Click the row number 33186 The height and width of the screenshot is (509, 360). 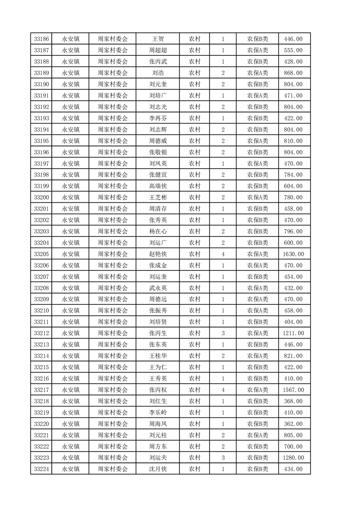click(41, 39)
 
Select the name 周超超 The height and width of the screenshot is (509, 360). click(158, 50)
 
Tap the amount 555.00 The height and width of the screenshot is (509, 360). click(293, 50)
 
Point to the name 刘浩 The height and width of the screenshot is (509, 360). click(158, 73)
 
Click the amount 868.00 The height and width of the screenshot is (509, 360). click(293, 73)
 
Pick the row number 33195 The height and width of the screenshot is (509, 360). click(41, 141)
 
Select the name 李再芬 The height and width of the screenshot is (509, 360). click(158, 118)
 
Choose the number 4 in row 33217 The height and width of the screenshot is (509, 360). click(223, 390)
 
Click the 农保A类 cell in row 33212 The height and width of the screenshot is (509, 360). click(257, 333)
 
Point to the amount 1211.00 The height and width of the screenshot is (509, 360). click(293, 333)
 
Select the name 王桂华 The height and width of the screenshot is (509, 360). click(158, 356)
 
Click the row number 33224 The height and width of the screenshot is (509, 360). click(41, 469)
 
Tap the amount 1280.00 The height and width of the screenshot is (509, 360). click(293, 458)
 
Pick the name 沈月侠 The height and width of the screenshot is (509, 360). click(158, 469)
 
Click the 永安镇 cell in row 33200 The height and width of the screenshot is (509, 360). click(71, 197)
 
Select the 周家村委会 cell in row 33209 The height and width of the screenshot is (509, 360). click(113, 299)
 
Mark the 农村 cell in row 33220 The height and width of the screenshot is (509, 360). click(195, 424)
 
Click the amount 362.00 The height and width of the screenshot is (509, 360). click(293, 424)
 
